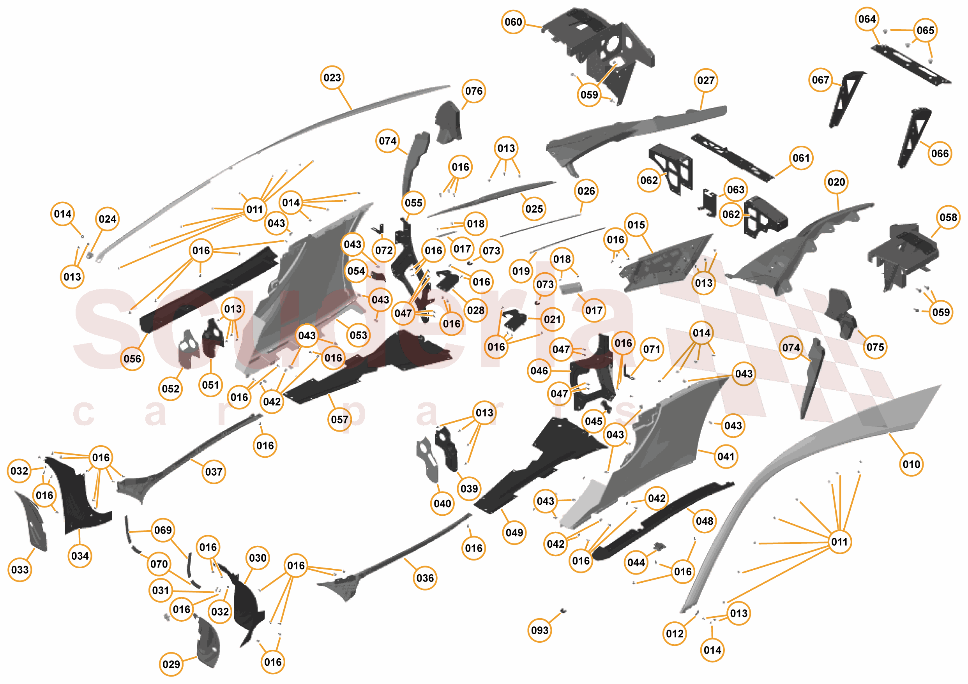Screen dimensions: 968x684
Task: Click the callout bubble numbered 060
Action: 513,22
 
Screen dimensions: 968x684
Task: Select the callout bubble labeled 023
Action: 332,78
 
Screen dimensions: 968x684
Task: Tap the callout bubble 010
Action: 911,464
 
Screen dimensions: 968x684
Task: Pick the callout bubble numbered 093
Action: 540,631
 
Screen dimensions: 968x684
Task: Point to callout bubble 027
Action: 706,80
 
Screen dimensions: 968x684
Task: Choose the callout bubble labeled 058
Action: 948,217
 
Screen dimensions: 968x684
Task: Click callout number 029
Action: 171,664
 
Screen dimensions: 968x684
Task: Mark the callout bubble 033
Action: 20,570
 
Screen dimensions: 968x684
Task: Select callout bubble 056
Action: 132,359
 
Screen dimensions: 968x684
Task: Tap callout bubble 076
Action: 474,91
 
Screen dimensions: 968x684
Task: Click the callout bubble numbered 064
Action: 867,19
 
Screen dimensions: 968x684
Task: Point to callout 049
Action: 514,533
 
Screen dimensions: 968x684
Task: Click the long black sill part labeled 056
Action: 209,291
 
